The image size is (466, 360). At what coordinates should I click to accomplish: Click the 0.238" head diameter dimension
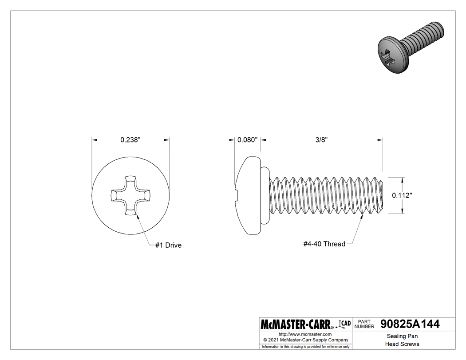[x=130, y=140]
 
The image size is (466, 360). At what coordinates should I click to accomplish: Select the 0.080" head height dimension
[x=247, y=140]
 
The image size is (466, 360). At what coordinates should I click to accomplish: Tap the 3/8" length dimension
[x=321, y=140]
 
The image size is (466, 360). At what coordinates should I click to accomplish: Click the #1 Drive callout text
[x=168, y=245]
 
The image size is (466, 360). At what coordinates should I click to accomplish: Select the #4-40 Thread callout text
[x=324, y=244]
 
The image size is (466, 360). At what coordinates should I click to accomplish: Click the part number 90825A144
[x=410, y=324]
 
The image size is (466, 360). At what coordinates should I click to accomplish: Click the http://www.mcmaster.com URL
[x=305, y=334]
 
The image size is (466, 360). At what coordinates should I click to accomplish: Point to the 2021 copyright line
[x=305, y=340]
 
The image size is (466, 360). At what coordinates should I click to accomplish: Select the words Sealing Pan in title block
[x=402, y=336]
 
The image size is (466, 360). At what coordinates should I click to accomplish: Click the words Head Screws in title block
[x=402, y=344]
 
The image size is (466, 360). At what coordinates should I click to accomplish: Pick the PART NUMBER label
[x=364, y=324]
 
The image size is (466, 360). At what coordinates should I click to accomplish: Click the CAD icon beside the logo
[x=344, y=324]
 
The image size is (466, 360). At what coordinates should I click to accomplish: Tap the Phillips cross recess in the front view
[x=130, y=195]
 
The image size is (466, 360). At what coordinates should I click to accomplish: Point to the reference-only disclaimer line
[x=305, y=346]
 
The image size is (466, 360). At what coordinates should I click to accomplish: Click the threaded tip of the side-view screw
[x=378, y=195]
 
